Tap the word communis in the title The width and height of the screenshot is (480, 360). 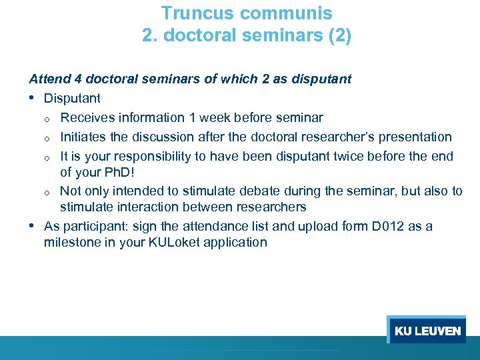click(289, 13)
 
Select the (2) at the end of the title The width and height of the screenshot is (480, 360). click(339, 35)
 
